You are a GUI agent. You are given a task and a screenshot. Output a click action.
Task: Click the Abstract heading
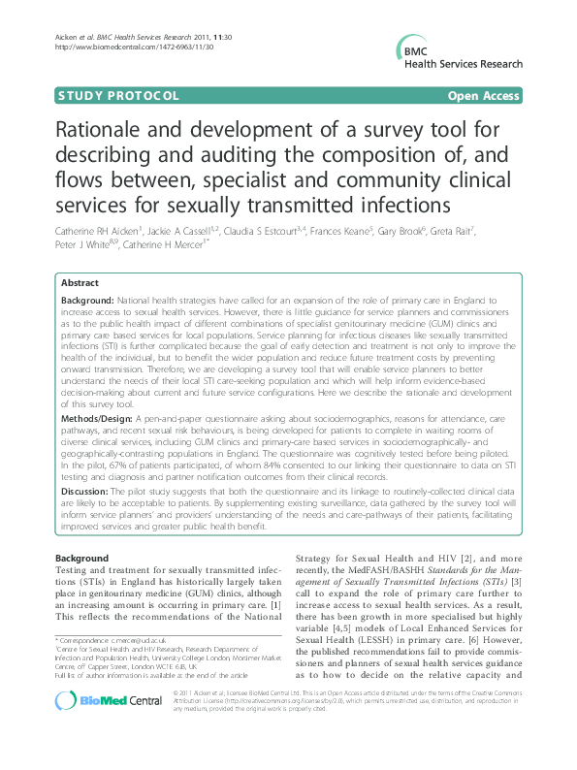tap(80, 283)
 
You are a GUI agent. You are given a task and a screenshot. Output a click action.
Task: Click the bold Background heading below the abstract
tap(82, 560)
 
